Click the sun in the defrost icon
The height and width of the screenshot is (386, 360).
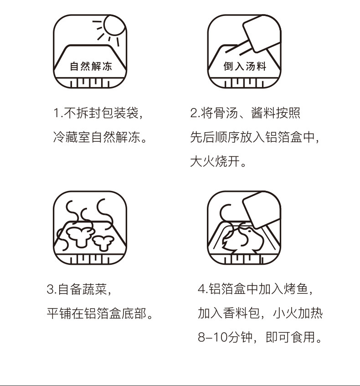tap(114, 25)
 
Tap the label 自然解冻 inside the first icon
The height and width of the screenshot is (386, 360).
tap(91, 66)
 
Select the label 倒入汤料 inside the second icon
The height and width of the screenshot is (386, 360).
tap(245, 66)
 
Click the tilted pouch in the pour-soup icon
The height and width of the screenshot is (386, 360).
tap(262, 33)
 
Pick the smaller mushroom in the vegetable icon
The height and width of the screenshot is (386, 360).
tap(103, 242)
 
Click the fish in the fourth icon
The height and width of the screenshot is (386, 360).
tap(242, 240)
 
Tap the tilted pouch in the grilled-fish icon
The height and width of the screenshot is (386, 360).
tap(262, 210)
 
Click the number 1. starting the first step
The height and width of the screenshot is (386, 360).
tap(58, 113)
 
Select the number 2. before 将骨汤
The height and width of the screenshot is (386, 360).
tap(195, 113)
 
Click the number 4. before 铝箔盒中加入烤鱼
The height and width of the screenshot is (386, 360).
tap(203, 289)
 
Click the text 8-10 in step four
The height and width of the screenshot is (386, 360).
tap(213, 337)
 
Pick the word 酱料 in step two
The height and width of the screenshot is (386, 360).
tap(263, 113)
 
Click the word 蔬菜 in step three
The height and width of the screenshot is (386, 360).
tap(95, 289)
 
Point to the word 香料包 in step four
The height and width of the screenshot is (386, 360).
tap(242, 313)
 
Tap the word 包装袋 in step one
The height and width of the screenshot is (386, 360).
tap(120, 113)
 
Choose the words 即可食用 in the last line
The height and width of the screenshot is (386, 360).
tap(291, 337)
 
